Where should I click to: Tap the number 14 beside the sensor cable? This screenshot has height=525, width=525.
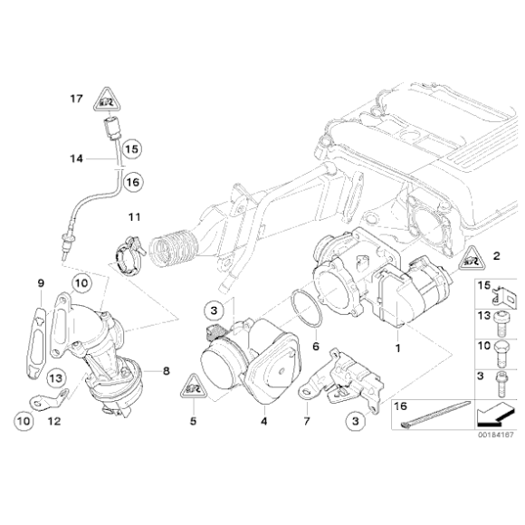pyautogui.click(x=77, y=157)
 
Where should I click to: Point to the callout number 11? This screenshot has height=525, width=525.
pyautogui.click(x=134, y=217)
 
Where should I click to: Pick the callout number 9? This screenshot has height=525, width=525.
pyautogui.click(x=41, y=284)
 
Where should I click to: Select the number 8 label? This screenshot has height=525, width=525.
pyautogui.click(x=167, y=369)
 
